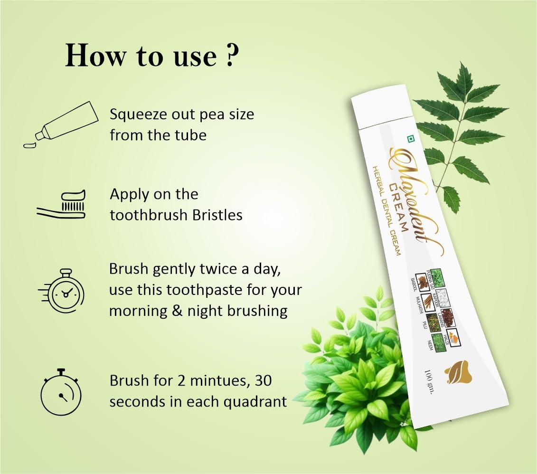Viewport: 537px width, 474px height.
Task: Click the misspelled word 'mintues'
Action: click(217, 381)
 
